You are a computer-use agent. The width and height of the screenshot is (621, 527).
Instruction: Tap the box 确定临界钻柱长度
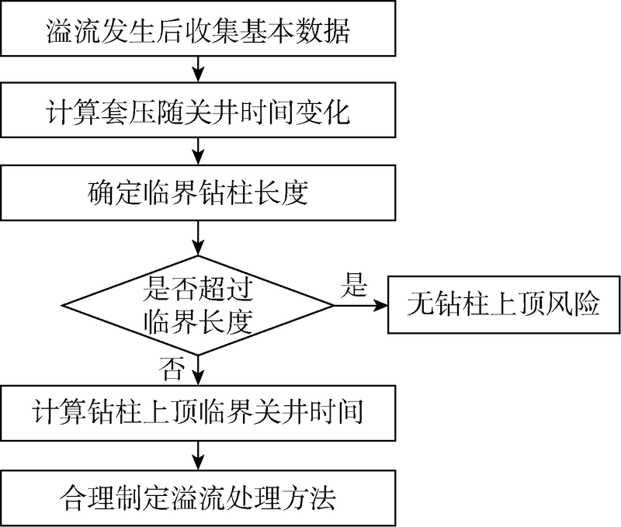pyautogui.click(x=199, y=190)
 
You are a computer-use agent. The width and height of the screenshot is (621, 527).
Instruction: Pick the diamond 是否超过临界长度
pyautogui.click(x=199, y=305)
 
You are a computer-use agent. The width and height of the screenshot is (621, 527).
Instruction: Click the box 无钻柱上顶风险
pyautogui.click(x=504, y=305)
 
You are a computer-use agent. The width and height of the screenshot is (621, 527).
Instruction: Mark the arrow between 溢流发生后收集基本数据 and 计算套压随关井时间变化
pyautogui.click(x=200, y=72)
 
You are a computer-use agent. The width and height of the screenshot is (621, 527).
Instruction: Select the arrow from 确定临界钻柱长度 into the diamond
pyautogui.click(x=200, y=237)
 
